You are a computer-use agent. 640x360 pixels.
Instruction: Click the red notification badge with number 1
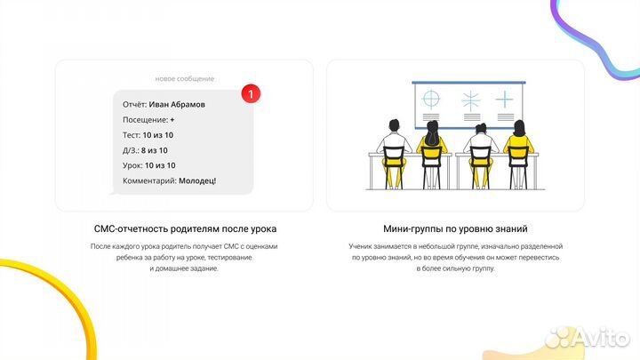click(x=252, y=92)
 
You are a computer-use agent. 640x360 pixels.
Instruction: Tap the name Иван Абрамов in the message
click(x=177, y=104)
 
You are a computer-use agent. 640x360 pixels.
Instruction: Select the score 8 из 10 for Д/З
click(x=155, y=150)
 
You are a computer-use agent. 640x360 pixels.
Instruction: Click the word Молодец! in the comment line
click(x=197, y=180)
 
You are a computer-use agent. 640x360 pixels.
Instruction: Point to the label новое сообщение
click(x=184, y=78)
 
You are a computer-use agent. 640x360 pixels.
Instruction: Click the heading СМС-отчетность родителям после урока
click(x=184, y=228)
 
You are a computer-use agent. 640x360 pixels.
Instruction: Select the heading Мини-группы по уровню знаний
click(x=454, y=228)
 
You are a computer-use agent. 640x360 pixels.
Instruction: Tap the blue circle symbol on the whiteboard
click(x=430, y=98)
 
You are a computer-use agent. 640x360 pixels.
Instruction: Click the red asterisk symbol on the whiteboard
click(x=469, y=100)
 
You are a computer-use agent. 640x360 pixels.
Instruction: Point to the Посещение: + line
click(x=149, y=119)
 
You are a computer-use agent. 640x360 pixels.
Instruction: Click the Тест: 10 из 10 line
click(x=149, y=134)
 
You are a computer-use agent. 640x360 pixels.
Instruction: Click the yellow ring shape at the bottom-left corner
click(x=36, y=293)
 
